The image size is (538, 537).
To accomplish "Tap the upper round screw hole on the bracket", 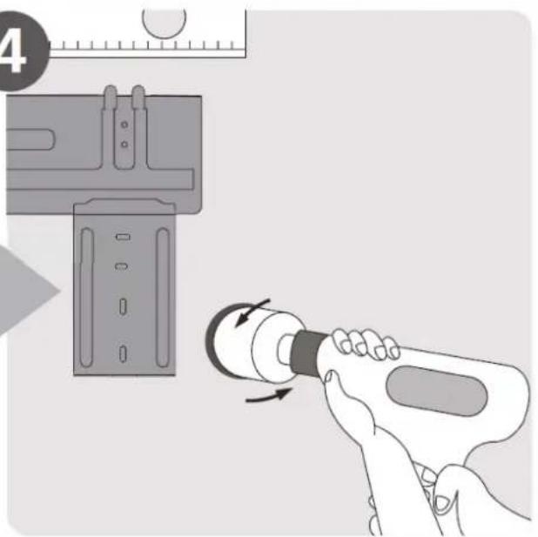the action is pyautogui.click(x=124, y=124).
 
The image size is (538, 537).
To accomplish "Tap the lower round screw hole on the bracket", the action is pyautogui.click(x=124, y=144).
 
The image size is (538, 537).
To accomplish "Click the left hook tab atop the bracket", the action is pyautogui.click(x=111, y=96).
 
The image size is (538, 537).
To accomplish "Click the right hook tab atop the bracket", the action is pyautogui.click(x=138, y=96).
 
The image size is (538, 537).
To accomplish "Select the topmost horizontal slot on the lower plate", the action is pyautogui.click(x=123, y=237).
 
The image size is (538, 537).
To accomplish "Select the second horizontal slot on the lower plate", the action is pyautogui.click(x=122, y=266).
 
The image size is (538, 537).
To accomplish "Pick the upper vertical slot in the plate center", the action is pyautogui.click(x=123, y=306).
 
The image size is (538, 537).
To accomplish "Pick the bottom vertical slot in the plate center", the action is pyautogui.click(x=123, y=353).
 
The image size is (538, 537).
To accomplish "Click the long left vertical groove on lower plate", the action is pyautogui.click(x=86, y=298).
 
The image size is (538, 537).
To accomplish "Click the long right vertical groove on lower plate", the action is pyautogui.click(x=163, y=298).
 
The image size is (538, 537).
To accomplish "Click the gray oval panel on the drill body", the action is pyautogui.click(x=436, y=391).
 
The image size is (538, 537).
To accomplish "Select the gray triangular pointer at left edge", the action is pyautogui.click(x=28, y=290).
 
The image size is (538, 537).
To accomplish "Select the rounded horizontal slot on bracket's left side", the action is pyautogui.click(x=30, y=139).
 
